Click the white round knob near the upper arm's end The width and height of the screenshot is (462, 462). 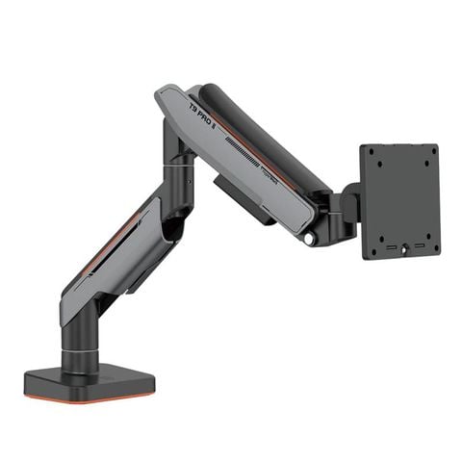[309, 237]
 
